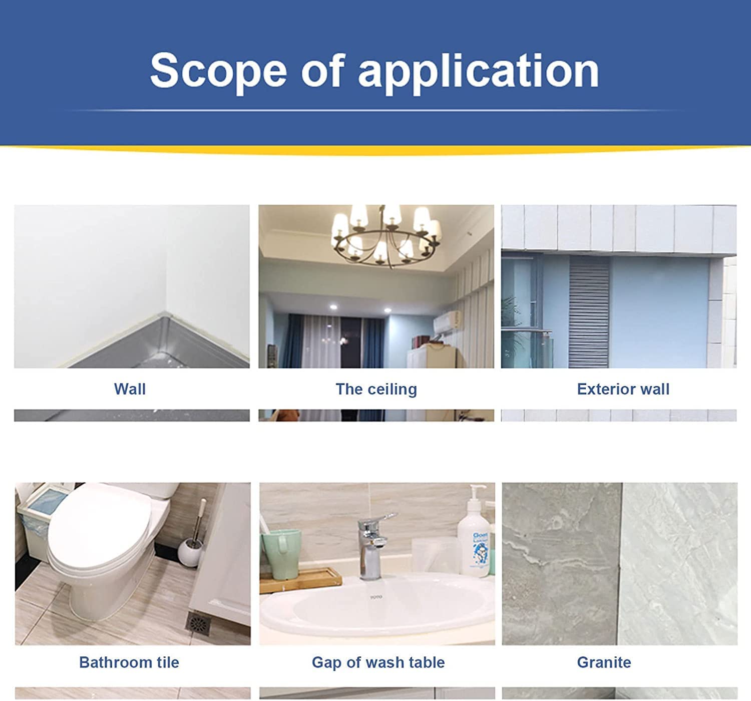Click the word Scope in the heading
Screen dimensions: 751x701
[x=218, y=71]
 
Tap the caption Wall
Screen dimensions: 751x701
[x=130, y=389]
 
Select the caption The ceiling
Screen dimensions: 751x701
[x=377, y=390]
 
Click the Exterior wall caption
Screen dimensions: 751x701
[x=623, y=389]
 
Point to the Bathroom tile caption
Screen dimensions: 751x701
[x=129, y=662]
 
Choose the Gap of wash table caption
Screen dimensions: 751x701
[x=378, y=663]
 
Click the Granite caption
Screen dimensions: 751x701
[x=604, y=662]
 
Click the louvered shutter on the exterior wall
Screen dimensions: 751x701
[x=589, y=312]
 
